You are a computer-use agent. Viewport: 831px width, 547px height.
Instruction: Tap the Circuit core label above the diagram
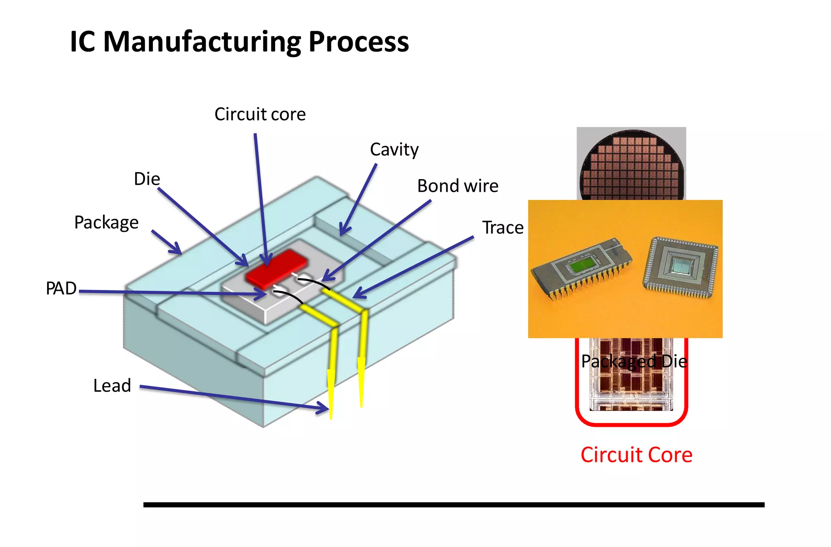pos(260,114)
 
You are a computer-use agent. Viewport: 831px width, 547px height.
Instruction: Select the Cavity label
pos(394,150)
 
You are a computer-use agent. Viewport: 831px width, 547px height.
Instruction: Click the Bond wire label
pos(457,186)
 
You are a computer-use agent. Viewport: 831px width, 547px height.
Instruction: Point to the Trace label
pos(502,227)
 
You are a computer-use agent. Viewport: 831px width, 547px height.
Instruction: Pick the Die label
pos(147,179)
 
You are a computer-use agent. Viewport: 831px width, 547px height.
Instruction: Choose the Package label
pos(106,223)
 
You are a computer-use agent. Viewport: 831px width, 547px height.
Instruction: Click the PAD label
pos(61,288)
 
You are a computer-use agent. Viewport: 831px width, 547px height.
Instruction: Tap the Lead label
pos(112,385)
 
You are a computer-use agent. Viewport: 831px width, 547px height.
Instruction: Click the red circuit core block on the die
pos(276,266)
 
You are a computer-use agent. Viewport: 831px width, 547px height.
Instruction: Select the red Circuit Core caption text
pos(636,455)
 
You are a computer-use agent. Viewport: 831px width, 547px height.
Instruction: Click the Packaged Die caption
pos(634,361)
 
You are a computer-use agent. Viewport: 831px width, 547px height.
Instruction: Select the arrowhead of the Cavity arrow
pos(343,231)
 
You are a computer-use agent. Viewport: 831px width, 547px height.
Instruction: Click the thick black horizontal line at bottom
pos(453,505)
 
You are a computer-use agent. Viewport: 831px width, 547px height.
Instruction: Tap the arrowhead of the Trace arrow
pos(358,294)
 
